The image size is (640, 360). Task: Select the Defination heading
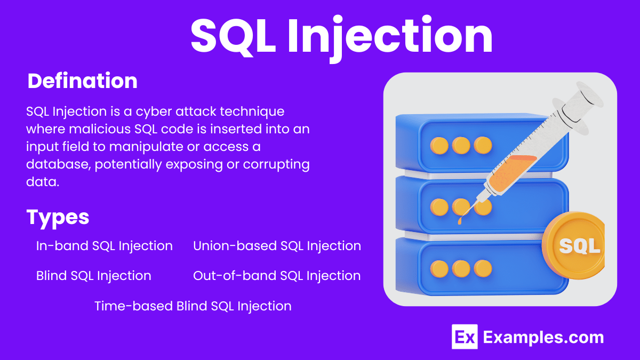click(x=82, y=81)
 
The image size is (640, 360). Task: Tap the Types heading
click(x=58, y=217)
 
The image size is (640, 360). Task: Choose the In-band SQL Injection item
click(x=105, y=246)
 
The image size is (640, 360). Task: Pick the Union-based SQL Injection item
click(x=277, y=246)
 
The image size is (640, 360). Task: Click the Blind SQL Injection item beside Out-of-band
click(x=94, y=276)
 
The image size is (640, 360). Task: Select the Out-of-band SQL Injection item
click(x=277, y=276)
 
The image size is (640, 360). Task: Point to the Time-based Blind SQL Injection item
click(x=193, y=306)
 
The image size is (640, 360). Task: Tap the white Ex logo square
click(x=464, y=337)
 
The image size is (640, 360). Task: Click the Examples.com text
click(x=543, y=337)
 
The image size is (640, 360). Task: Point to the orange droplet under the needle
click(x=460, y=219)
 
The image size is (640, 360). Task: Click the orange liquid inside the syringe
click(x=509, y=170)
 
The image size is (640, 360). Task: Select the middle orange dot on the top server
click(x=461, y=145)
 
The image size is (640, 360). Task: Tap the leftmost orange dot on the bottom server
click(x=439, y=268)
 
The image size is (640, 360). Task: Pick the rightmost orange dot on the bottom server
click(x=483, y=268)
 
